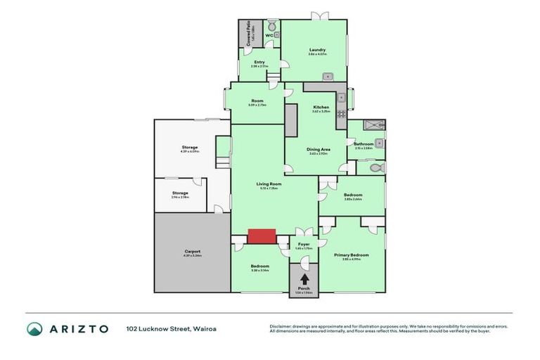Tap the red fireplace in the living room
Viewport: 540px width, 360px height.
(262, 236)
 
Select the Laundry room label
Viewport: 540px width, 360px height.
(317, 50)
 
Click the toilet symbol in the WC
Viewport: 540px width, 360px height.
(272, 25)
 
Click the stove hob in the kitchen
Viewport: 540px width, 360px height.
(342, 112)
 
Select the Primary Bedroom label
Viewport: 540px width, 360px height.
(352, 255)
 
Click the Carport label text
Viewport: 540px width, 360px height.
(193, 251)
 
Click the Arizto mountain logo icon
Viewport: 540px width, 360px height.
(34, 328)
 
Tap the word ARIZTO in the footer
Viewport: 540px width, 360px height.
(78, 328)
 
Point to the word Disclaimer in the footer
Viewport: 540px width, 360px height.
(282, 326)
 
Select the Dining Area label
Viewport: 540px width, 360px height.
(319, 149)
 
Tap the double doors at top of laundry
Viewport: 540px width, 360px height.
(320, 15)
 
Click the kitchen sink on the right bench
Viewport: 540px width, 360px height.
(342, 98)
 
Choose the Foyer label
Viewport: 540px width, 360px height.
(304, 244)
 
